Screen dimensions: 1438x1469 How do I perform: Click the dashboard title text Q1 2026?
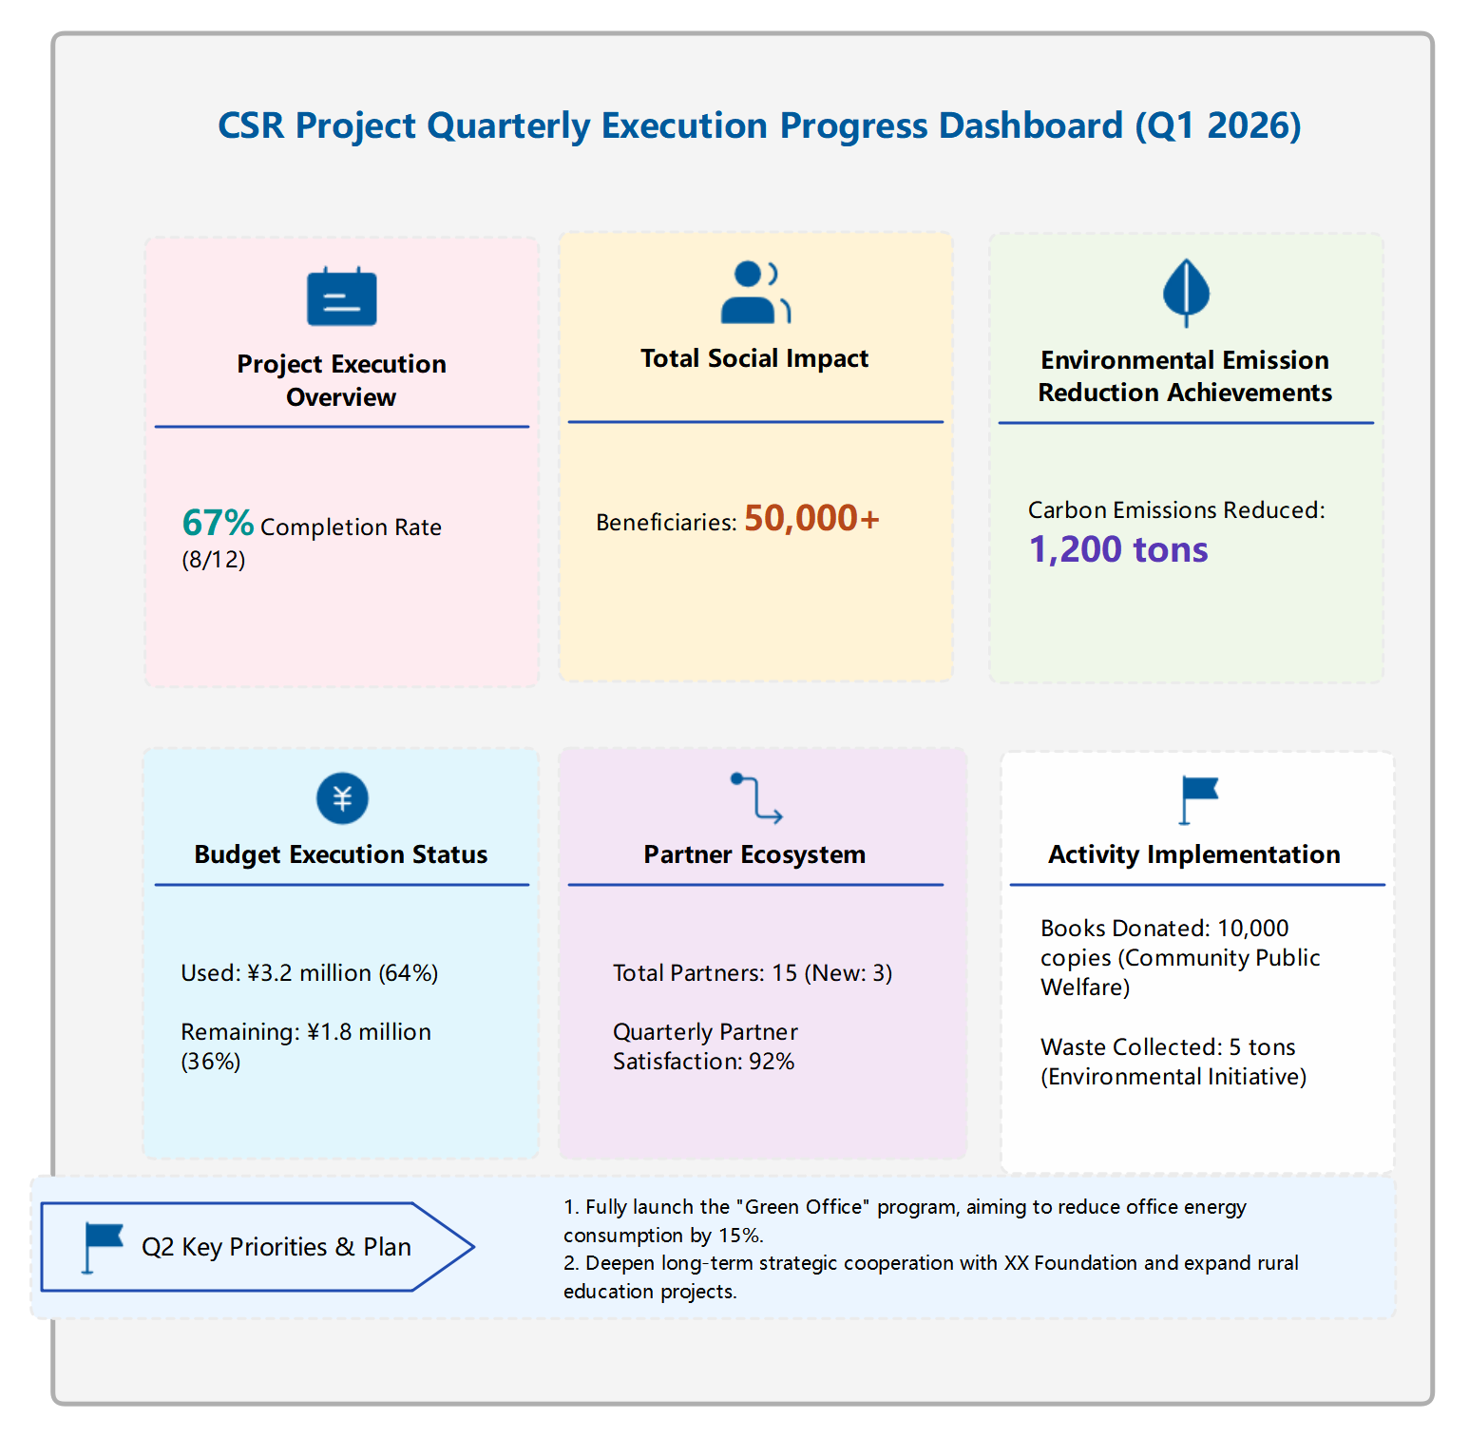click(1217, 126)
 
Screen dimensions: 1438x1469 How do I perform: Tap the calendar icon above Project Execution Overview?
click(341, 297)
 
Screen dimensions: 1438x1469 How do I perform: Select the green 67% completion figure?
click(218, 524)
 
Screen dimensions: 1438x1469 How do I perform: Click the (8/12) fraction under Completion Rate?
click(213, 560)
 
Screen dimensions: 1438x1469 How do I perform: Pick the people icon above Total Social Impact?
click(754, 293)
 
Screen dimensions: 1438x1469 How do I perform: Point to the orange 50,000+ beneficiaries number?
click(811, 519)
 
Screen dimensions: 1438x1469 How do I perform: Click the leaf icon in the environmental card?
click(1186, 291)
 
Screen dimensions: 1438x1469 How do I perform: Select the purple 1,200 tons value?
click(1118, 550)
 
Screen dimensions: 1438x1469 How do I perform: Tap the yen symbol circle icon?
click(342, 798)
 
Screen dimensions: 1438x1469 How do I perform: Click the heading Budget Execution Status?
click(340, 854)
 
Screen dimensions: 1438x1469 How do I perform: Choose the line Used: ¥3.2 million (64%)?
click(309, 973)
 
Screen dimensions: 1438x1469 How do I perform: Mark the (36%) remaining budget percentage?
click(210, 1062)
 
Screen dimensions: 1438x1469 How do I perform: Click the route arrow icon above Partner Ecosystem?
click(756, 797)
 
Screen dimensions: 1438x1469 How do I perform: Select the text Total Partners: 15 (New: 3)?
click(752, 973)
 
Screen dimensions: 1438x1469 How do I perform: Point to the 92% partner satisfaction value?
click(771, 1062)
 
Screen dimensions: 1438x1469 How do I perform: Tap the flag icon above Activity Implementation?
click(1197, 799)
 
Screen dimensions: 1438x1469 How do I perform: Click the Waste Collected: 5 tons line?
click(1168, 1047)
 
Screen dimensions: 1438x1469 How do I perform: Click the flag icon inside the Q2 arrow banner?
click(102, 1246)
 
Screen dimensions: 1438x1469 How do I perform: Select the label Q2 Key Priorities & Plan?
click(276, 1247)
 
